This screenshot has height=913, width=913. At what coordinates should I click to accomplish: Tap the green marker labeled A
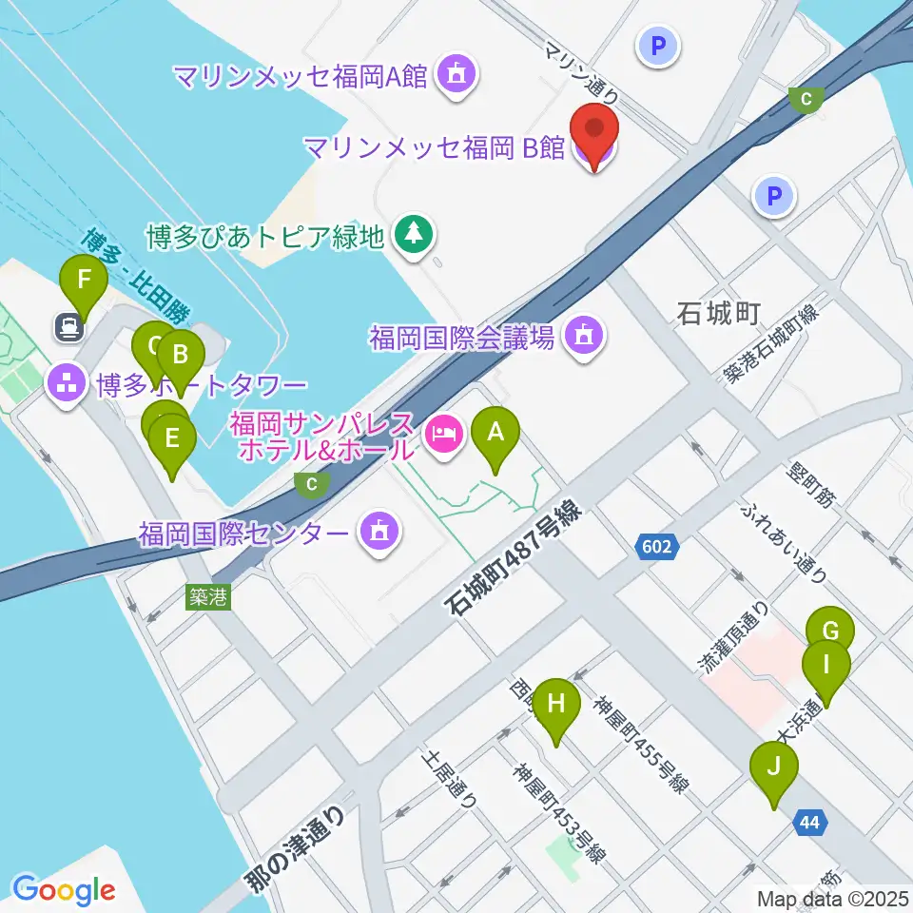pyautogui.click(x=495, y=434)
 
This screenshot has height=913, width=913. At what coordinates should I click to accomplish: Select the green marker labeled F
pyautogui.click(x=84, y=282)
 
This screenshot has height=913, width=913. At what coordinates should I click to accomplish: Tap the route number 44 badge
pyautogui.click(x=808, y=823)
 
